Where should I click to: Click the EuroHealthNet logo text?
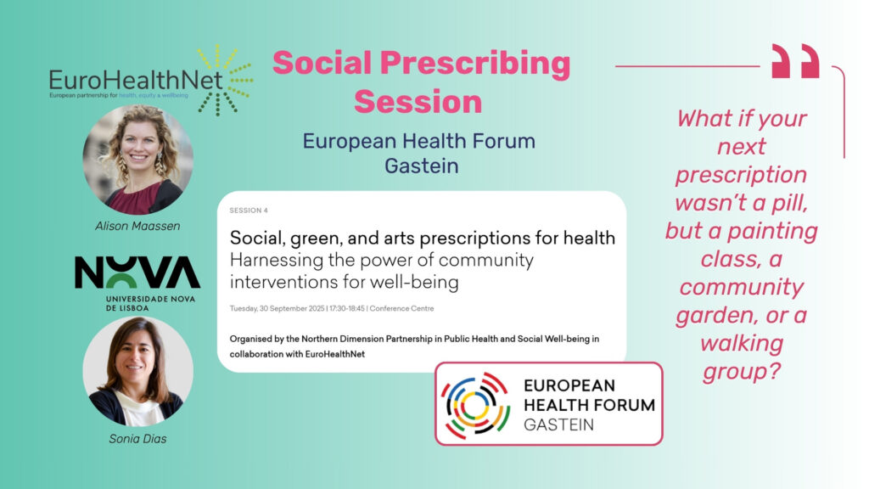136,81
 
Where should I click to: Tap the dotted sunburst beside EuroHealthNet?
225,80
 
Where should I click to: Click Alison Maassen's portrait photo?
138,160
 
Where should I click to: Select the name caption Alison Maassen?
137,226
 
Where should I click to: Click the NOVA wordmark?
137,272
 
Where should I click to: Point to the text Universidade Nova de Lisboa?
150,303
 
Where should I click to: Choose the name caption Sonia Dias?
137,439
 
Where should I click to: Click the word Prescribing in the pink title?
475,64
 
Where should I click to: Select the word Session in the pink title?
418,102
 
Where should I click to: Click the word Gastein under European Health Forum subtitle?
421,166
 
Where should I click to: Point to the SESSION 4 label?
249,211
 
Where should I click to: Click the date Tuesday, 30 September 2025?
278,308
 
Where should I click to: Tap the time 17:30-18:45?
347,308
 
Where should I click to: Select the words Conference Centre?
401,308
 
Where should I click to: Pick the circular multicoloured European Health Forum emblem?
475,405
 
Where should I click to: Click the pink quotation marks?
795,61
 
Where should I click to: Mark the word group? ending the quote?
742,371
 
